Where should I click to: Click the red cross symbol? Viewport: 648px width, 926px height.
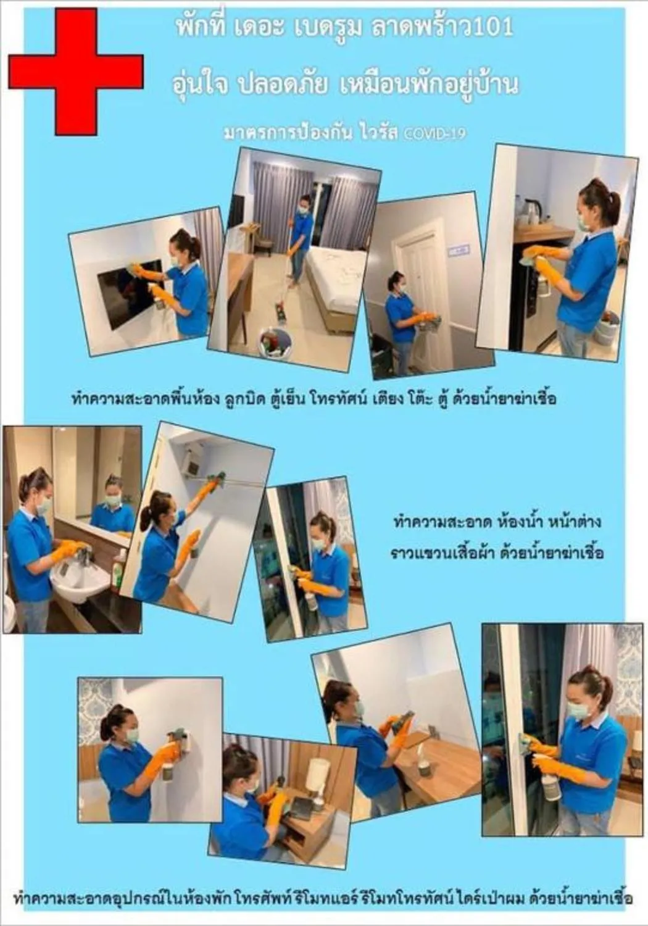point(76,71)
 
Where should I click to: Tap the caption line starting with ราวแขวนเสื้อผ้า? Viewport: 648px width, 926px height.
point(497,551)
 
